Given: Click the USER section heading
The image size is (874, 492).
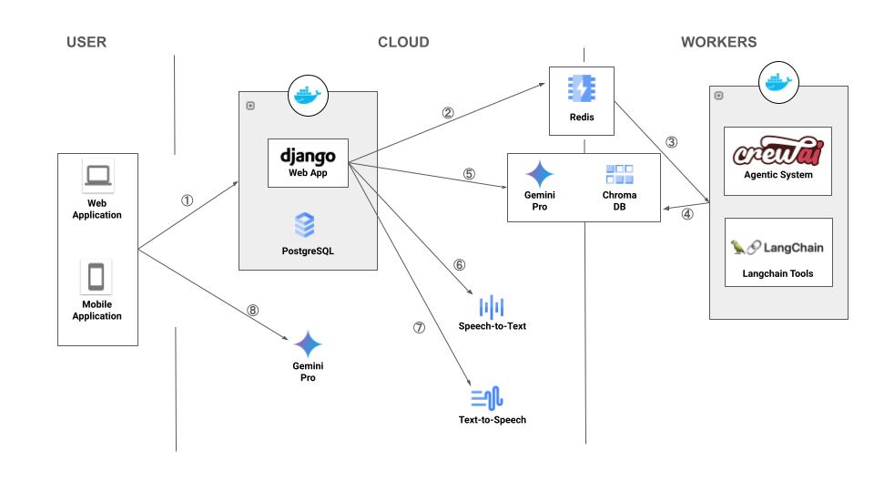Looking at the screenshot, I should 86,42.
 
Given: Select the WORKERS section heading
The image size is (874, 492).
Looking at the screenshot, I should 718,42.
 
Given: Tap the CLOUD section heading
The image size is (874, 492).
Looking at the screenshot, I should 403,42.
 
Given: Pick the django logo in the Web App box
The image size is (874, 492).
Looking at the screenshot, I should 309,155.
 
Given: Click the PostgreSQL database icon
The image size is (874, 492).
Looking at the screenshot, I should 304,224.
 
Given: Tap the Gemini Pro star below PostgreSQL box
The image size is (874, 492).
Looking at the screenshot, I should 308,344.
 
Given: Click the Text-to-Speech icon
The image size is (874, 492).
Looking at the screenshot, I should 488,398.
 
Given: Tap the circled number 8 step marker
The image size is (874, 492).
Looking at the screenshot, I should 252,310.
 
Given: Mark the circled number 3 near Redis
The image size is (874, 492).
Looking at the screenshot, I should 672,142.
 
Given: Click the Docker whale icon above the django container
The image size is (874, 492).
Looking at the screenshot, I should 307,95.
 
